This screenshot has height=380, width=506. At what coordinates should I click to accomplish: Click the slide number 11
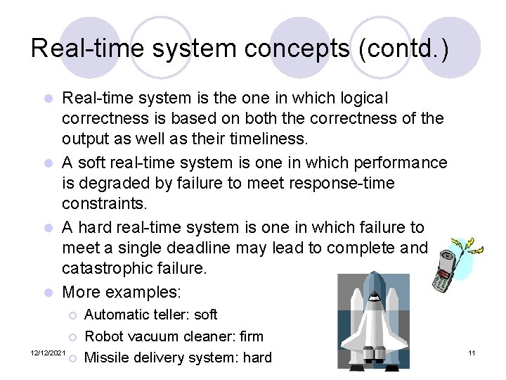472,352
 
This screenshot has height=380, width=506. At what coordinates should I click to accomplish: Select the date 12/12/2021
48,352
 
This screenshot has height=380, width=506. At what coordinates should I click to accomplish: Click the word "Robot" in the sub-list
105,336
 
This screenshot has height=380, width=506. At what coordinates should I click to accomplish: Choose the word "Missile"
108,357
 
